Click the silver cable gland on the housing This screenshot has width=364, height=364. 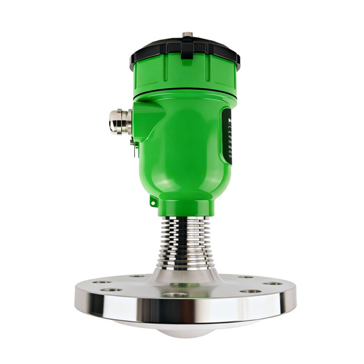pos(118,121)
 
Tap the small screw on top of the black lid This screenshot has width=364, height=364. pos(187,36)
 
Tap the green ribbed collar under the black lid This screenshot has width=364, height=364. pos(185,77)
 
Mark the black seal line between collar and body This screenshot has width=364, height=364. pos(185,94)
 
